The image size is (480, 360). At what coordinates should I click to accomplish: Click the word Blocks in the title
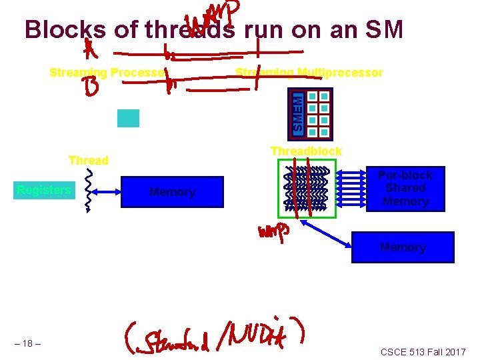tap(64, 29)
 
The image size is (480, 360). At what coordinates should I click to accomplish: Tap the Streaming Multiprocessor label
tap(309, 73)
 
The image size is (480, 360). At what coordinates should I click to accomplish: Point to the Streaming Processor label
tap(109, 73)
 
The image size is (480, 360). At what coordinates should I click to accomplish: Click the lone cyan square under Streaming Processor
tap(128, 118)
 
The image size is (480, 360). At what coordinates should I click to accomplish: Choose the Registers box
tap(45, 191)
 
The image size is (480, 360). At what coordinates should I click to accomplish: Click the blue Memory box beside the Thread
tap(173, 192)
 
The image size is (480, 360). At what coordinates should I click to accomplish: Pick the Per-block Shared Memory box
tap(405, 189)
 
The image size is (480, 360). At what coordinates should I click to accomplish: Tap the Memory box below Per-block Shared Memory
tap(403, 247)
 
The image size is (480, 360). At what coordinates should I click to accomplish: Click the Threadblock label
tap(306, 152)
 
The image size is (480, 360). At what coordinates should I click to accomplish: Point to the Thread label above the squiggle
tap(88, 161)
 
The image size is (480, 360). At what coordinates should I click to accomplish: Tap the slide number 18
tap(27, 343)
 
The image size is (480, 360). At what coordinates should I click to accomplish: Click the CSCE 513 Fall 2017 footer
tap(423, 351)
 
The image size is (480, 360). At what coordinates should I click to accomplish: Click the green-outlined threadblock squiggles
tap(307, 189)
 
